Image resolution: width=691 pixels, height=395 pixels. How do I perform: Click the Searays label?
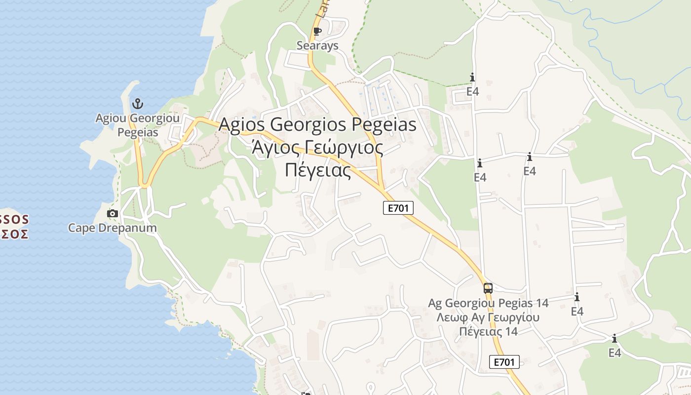pos(317,46)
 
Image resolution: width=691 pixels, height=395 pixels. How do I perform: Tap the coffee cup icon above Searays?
pos(317,32)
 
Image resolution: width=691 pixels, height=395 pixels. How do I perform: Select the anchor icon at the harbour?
pos(138,104)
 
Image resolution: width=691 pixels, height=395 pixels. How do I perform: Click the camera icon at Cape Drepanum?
pos(113,214)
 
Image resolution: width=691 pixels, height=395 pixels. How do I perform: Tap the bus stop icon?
pos(488,288)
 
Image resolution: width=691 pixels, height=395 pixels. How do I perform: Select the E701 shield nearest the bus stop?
pos(504,362)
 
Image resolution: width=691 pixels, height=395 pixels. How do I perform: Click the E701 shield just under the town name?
pos(398,208)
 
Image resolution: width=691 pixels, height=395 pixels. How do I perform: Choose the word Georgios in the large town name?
pos(309,124)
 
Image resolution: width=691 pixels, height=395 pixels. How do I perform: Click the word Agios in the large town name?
pos(242,124)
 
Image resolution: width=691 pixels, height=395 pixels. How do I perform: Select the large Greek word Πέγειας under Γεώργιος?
pos(318,170)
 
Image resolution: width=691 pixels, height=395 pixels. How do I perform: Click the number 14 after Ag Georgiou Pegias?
pos(541,303)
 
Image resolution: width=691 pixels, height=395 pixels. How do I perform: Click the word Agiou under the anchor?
pos(112,118)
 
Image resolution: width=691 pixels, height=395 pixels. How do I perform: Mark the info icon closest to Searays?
pos(472,78)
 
